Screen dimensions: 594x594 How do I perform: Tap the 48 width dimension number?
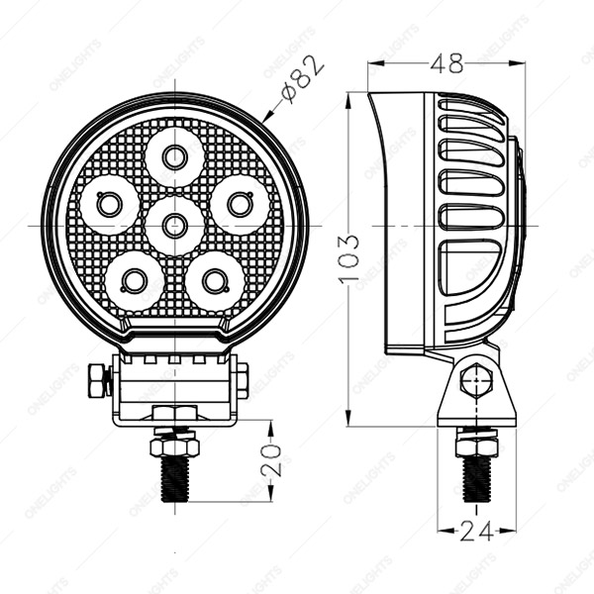point(447,63)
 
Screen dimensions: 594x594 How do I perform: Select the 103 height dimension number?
point(348,259)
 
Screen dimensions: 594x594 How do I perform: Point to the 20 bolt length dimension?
point(271,460)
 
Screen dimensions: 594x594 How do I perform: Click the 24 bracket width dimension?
point(477,531)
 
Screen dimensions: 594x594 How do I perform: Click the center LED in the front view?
point(174,226)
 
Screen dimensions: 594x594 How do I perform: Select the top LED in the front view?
point(174,157)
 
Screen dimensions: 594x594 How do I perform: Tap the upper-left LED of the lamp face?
point(109,205)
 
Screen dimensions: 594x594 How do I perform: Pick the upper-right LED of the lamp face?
point(241,205)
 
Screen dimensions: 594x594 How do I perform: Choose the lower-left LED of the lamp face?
point(134,281)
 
